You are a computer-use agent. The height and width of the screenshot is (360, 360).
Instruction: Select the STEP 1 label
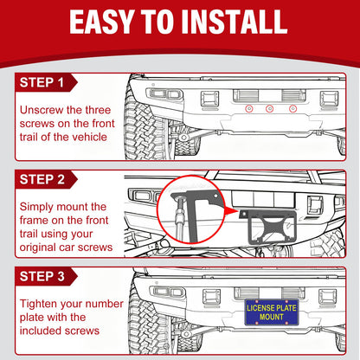pyautogui.click(x=42, y=82)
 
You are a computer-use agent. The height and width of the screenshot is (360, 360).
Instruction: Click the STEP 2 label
pyautogui.click(x=42, y=179)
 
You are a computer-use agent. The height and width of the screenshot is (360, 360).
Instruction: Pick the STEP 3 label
pyautogui.click(x=42, y=276)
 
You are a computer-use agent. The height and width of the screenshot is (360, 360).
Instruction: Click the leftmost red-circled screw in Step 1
pyautogui.click(x=249, y=109)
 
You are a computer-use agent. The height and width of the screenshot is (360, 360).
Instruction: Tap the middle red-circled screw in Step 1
pyautogui.click(x=269, y=109)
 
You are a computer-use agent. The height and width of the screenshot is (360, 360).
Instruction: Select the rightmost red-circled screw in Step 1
pyautogui.click(x=292, y=109)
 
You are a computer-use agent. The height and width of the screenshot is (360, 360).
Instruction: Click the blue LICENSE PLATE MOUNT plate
pyautogui.click(x=271, y=312)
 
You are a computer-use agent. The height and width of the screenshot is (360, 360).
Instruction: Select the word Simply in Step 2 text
pyautogui.click(x=36, y=207)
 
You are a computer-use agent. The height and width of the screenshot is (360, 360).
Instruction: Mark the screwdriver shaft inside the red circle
pyautogui.click(x=179, y=218)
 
